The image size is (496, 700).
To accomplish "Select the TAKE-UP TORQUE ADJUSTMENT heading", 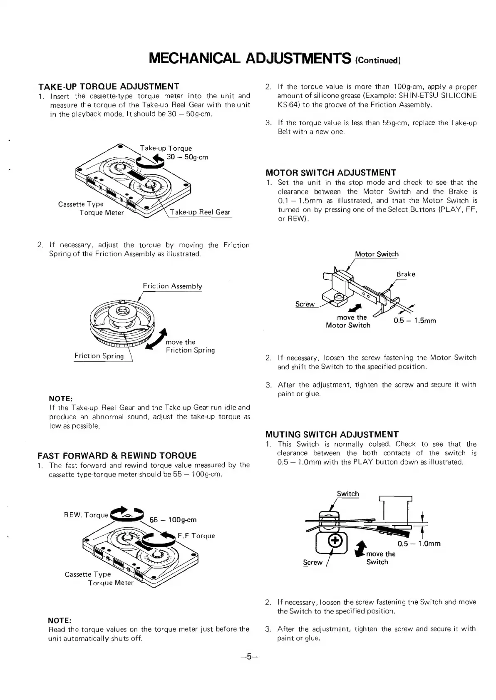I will click(109, 86).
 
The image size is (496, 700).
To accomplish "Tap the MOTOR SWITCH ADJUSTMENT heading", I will click(330, 172).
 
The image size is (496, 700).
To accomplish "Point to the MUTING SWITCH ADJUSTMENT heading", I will click(332, 434).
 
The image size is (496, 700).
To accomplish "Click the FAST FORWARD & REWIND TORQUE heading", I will click(117, 455).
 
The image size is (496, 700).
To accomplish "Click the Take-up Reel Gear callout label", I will click(200, 212).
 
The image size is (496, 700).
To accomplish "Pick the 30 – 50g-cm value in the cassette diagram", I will click(187, 157).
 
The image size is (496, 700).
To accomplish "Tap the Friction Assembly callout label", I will click(172, 286).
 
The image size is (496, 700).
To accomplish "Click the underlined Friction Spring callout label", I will click(99, 356).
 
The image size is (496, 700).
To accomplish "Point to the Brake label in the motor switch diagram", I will click(406, 274).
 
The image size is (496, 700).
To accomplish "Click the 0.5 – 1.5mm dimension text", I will click(415, 321).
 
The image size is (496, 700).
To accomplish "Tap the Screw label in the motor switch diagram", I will click(305, 304).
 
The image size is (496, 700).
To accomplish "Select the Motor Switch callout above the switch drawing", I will click(377, 254).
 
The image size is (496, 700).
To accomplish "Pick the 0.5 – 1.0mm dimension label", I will click(419, 544).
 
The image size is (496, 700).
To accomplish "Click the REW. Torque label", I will click(86, 515).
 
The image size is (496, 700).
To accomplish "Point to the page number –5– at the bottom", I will click(248, 657).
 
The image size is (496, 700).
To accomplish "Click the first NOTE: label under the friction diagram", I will click(61, 399).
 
